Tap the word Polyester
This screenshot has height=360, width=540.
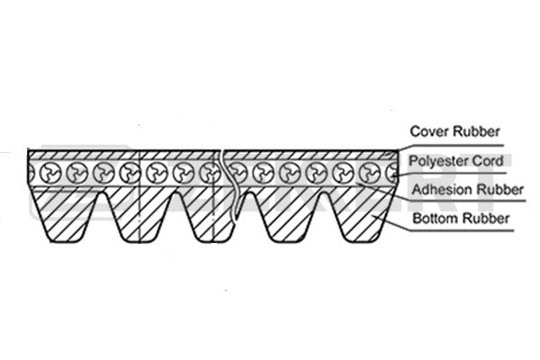pos(436,161)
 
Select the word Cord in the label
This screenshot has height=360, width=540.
pos(486,161)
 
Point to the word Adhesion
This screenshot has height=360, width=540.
pos(438,190)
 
